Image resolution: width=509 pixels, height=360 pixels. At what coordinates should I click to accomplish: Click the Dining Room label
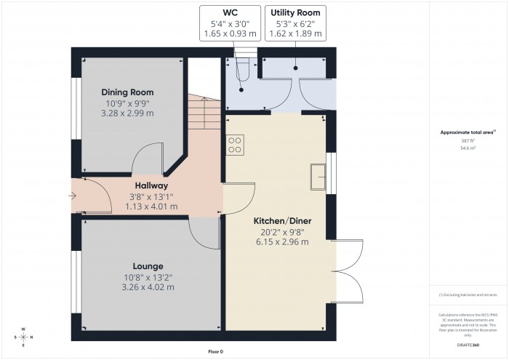tap(129, 92)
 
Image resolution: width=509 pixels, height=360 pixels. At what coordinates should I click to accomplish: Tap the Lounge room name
tap(148, 266)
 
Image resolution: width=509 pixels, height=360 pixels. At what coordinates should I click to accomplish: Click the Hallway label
tap(151, 185)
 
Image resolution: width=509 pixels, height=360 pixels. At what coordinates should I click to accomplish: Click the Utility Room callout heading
tap(294, 13)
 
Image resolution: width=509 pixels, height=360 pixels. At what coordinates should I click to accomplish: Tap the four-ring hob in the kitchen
tap(236, 145)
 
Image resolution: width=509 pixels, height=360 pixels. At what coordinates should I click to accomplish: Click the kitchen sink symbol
tap(318, 175)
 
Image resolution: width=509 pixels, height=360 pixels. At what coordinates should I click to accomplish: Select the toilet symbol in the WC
tap(244, 68)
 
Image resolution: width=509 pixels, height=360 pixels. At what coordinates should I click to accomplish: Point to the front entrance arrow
tap(72, 196)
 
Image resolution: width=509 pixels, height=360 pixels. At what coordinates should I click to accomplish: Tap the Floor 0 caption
tap(215, 351)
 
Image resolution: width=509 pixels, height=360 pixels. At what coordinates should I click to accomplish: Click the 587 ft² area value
tap(468, 140)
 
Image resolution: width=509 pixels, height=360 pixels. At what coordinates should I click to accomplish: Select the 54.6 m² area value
tap(468, 148)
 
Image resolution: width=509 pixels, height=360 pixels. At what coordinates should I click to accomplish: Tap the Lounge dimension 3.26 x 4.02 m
tap(148, 287)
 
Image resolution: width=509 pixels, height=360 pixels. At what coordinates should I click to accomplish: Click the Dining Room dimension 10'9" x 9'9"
tap(129, 103)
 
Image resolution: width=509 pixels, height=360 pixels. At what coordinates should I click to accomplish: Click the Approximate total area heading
tap(467, 132)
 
